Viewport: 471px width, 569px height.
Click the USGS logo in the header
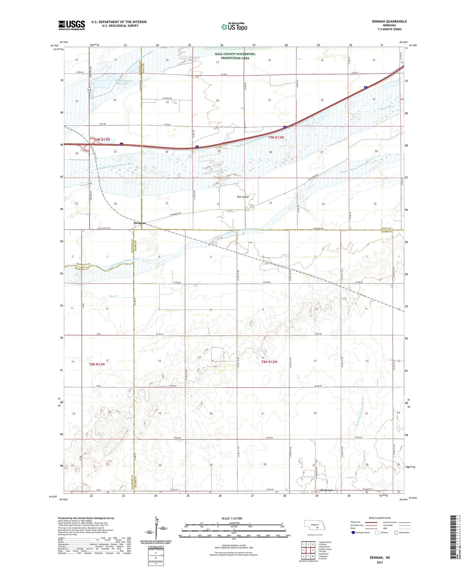pos(72,25)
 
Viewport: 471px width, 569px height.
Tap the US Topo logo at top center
pos(234,27)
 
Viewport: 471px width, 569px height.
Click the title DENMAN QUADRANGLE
pos(389,21)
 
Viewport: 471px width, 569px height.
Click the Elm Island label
pos(243,197)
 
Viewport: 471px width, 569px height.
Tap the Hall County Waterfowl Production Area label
pos(235,56)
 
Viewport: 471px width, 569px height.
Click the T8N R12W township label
pos(269,362)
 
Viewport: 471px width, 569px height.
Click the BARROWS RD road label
pos(318,228)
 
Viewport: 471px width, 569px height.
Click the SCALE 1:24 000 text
pos(232,518)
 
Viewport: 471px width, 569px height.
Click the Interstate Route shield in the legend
pos(353,533)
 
